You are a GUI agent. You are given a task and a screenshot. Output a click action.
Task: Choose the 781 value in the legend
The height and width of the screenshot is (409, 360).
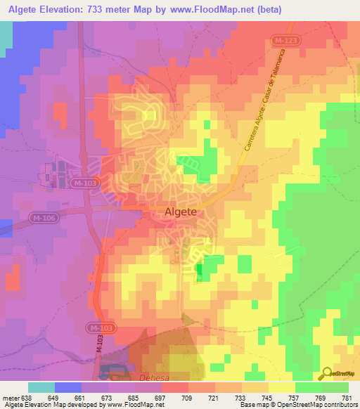pyautogui.click(x=348, y=398)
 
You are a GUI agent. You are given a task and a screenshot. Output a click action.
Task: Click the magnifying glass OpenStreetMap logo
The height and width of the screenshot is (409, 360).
pyautogui.click(x=328, y=374)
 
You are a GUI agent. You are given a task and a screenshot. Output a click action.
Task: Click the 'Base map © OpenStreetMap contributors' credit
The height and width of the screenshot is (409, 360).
pyautogui.click(x=295, y=405)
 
